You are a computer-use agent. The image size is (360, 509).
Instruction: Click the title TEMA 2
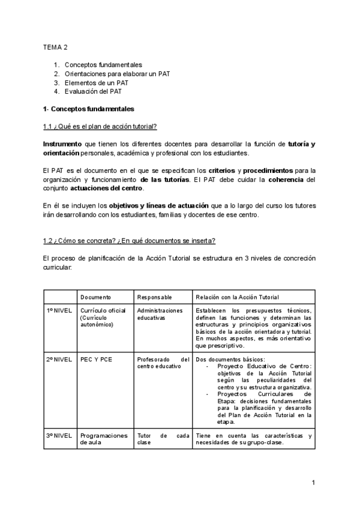[55, 46]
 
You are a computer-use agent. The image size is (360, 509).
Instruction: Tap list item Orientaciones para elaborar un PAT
[117, 73]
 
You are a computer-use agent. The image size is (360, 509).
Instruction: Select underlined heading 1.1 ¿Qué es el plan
[100, 126]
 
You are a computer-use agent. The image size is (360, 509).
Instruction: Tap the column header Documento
[96, 297]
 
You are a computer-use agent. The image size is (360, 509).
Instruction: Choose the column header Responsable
[155, 297]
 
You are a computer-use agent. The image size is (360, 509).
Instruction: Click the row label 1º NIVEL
[59, 310]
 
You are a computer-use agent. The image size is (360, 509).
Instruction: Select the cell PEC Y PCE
[95, 359]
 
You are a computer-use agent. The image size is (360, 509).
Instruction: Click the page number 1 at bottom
[313, 483]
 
